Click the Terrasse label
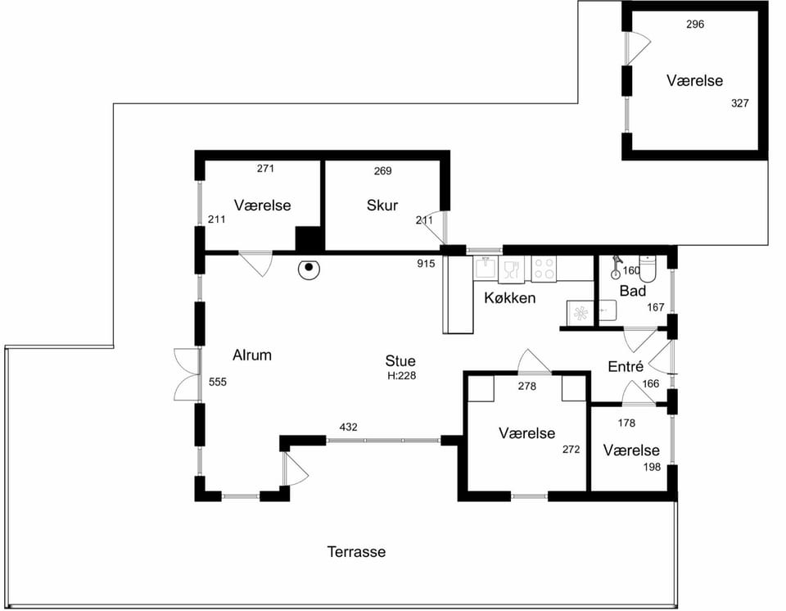click(356, 552)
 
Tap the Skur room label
click(382, 206)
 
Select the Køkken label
click(510, 298)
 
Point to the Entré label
click(626, 367)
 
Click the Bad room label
click(633, 291)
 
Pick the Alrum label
click(252, 355)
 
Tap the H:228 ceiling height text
click(401, 376)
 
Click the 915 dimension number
click(426, 264)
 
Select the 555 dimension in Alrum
click(218, 382)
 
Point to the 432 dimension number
click(349, 427)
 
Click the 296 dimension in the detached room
click(695, 24)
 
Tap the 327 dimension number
click(740, 103)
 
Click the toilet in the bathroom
click(648, 269)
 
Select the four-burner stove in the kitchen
click(544, 269)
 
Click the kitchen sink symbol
click(486, 267)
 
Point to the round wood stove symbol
click(309, 269)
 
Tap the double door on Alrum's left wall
click(187, 374)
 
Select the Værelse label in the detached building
click(695, 81)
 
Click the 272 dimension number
click(571, 450)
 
